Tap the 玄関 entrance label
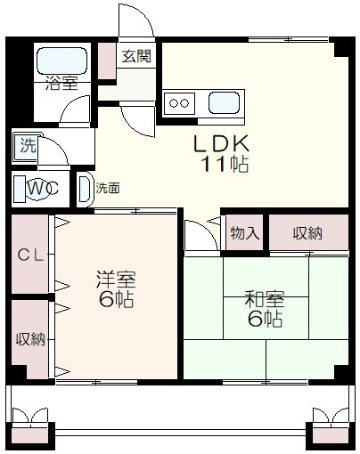tap(136, 56)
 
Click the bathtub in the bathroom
tap(61, 61)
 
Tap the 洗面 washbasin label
tap(108, 189)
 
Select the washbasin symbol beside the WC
tap(84, 189)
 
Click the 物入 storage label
tap(244, 233)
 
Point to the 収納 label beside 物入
tap(307, 233)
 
